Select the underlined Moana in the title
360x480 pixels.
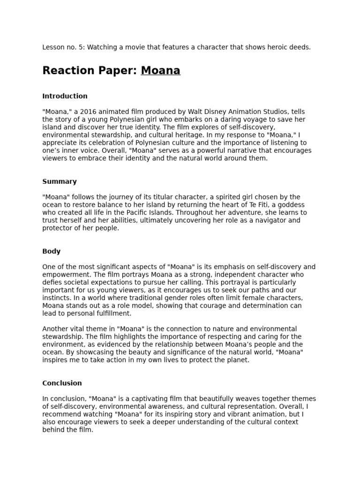point(160,71)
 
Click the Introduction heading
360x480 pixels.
point(65,96)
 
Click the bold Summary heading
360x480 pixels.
point(60,181)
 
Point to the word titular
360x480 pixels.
point(156,197)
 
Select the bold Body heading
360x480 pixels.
point(51,251)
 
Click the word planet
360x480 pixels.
point(237,360)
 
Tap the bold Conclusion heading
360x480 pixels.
point(62,383)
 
